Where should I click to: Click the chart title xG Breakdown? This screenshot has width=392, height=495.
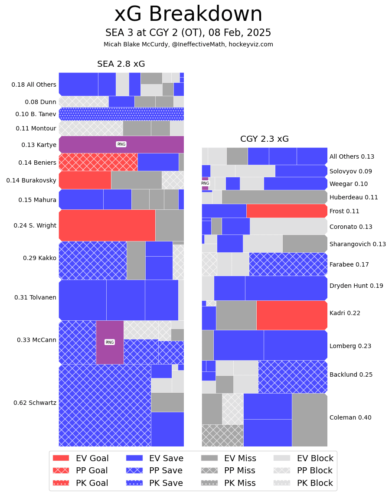[x=188, y=14]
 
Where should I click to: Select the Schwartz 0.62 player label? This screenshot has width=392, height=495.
[x=35, y=403]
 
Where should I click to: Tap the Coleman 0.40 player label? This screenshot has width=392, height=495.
[x=350, y=417]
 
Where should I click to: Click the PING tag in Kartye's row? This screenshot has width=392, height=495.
[x=121, y=144]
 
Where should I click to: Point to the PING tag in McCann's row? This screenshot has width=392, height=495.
[x=110, y=342]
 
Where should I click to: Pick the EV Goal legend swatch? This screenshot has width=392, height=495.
[x=61, y=458]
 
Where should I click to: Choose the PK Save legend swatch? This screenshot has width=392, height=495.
[x=134, y=483]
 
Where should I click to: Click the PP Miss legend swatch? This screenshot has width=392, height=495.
[x=209, y=470]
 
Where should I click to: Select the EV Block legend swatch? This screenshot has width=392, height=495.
[x=282, y=458]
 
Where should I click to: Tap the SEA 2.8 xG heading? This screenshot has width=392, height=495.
[x=121, y=64]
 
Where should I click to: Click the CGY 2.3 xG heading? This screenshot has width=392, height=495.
[x=265, y=139]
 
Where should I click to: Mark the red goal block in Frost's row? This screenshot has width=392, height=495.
[x=286, y=211]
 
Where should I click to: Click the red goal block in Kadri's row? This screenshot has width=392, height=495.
[x=291, y=315]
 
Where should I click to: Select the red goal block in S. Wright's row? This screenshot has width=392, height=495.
[x=107, y=225]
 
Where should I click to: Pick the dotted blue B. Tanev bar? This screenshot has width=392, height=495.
[x=121, y=114]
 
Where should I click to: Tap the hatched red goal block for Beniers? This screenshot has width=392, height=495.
[x=98, y=162]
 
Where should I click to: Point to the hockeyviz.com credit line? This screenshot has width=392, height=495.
[x=188, y=44]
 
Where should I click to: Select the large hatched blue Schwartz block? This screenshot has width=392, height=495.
[x=105, y=405]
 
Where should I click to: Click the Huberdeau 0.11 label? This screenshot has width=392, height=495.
[x=353, y=197]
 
